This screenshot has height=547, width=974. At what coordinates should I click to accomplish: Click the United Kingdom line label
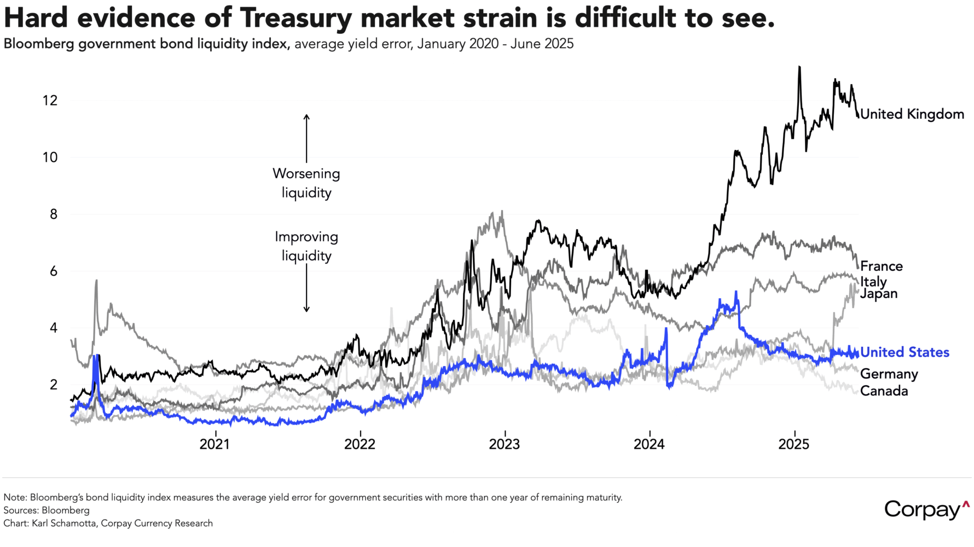pyautogui.click(x=912, y=114)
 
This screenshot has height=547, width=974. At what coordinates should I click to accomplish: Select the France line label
pyautogui.click(x=881, y=266)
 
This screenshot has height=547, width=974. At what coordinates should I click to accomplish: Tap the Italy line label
pyautogui.click(x=873, y=281)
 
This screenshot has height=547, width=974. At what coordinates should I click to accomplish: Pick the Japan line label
pyautogui.click(x=879, y=294)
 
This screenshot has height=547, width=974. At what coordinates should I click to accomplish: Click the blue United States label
pyautogui.click(x=905, y=352)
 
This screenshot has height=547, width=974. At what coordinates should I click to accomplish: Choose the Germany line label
pyautogui.click(x=889, y=374)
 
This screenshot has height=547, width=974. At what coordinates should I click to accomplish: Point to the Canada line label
pyautogui.click(x=884, y=391)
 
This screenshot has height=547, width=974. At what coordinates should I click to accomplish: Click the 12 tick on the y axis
pyautogui.click(x=50, y=101)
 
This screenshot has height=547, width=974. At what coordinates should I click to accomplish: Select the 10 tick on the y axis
pyautogui.click(x=50, y=158)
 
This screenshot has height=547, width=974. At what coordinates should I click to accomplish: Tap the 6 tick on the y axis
pyautogui.click(x=53, y=271)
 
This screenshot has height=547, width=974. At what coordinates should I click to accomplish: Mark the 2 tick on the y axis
pyautogui.click(x=53, y=385)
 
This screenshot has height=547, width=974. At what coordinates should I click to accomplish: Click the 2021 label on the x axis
pyautogui.click(x=214, y=444)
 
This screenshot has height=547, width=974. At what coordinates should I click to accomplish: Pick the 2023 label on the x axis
pyautogui.click(x=504, y=444)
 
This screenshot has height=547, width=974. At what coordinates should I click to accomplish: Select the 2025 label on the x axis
pyautogui.click(x=793, y=444)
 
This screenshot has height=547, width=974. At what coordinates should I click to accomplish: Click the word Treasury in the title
pyautogui.click(x=296, y=18)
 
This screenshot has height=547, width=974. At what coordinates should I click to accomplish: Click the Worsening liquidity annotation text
pyautogui.click(x=306, y=183)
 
